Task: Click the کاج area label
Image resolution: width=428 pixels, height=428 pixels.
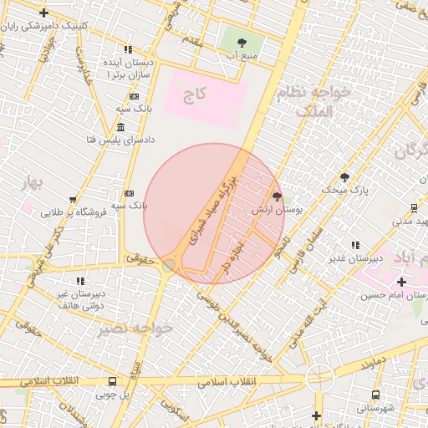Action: [195, 97]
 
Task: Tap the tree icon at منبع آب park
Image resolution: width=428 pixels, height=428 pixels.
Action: [242, 40]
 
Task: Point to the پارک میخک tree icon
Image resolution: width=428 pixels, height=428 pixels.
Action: [344, 177]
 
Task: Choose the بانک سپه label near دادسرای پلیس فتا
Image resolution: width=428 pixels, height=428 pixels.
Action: [133, 110]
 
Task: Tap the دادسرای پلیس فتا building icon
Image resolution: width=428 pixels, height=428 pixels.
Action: [121, 127]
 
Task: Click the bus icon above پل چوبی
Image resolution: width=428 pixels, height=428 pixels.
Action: [113, 380]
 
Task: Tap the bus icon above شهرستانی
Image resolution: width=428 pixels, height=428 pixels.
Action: [375, 395]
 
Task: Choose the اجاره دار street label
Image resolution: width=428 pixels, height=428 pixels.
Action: [232, 257]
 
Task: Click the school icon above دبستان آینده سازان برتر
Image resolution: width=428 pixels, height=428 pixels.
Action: [128, 49]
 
